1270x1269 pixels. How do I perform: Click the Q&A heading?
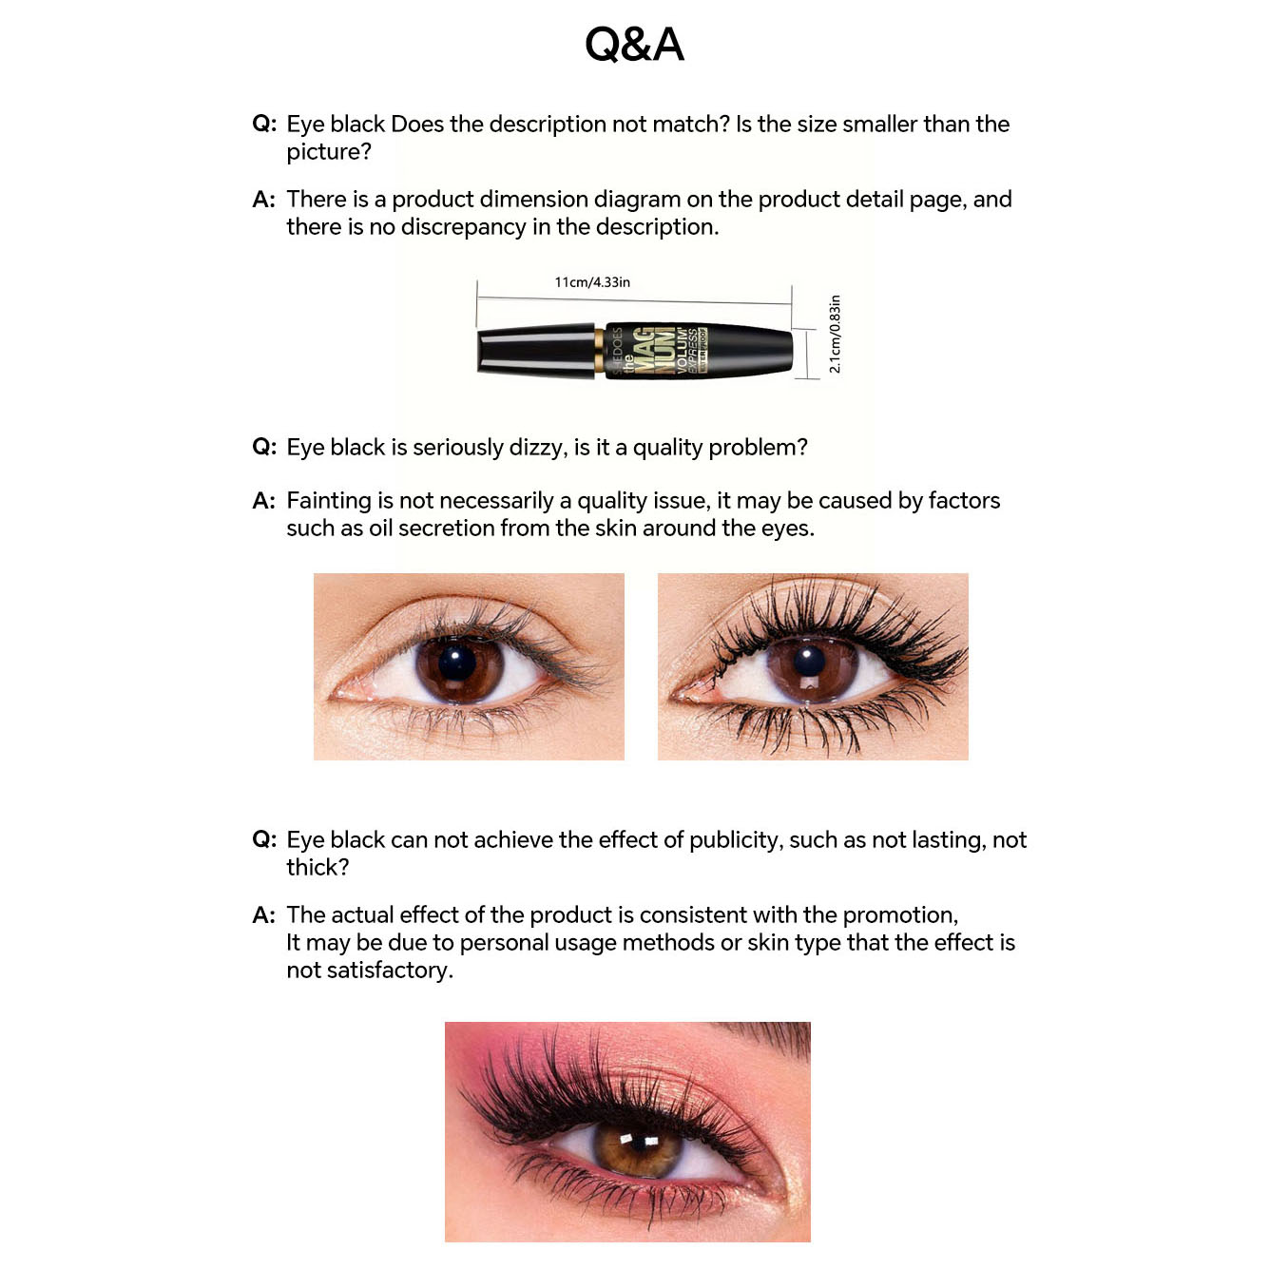(x=634, y=45)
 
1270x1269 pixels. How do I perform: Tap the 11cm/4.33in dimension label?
(x=592, y=282)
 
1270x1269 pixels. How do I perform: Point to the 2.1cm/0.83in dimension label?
(x=835, y=334)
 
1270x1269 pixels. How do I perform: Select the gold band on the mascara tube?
(x=599, y=351)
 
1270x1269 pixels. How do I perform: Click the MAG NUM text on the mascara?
(x=653, y=350)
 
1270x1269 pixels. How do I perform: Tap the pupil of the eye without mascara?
(x=458, y=663)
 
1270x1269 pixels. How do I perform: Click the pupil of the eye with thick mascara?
(x=810, y=661)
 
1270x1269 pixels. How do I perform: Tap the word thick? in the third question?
(x=317, y=868)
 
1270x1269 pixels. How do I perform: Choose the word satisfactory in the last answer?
(x=368, y=971)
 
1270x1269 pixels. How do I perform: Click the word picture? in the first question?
(x=329, y=152)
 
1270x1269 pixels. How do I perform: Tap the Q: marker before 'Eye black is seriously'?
(x=264, y=448)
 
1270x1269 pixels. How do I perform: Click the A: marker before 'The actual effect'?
(x=264, y=915)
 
